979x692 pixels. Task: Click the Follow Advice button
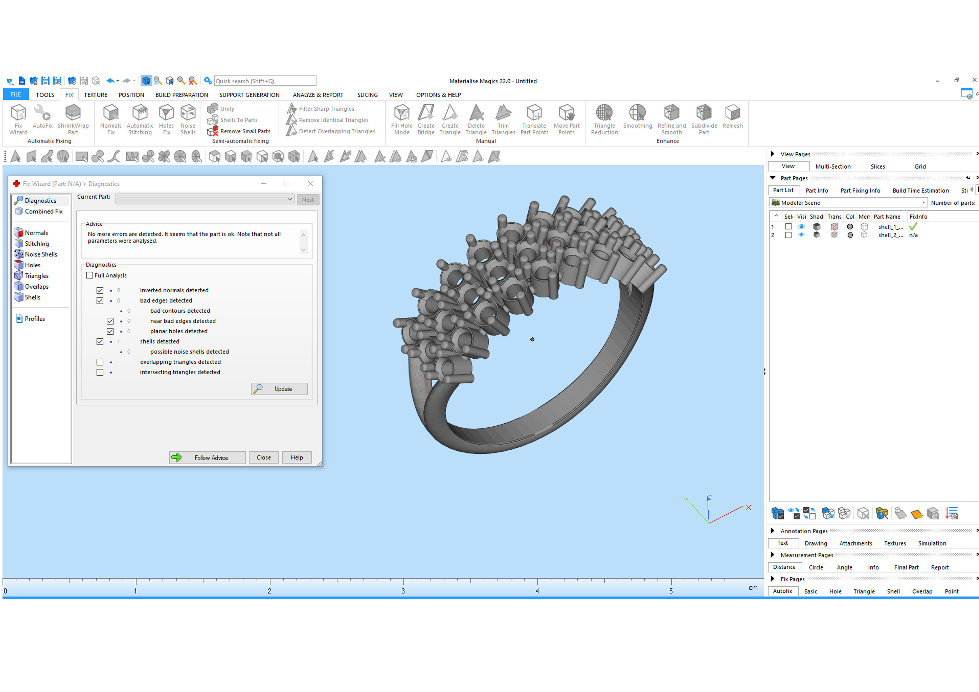pos(207,458)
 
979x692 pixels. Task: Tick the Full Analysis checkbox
pos(90,275)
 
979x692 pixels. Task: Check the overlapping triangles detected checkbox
pos(100,362)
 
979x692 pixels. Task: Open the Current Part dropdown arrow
pos(289,199)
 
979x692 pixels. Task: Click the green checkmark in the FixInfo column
pos(913,227)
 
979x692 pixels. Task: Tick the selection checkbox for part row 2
pos(788,235)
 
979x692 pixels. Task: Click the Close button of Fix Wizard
pos(263,458)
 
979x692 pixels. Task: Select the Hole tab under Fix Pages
pos(835,591)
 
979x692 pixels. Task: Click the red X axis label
pos(748,507)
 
